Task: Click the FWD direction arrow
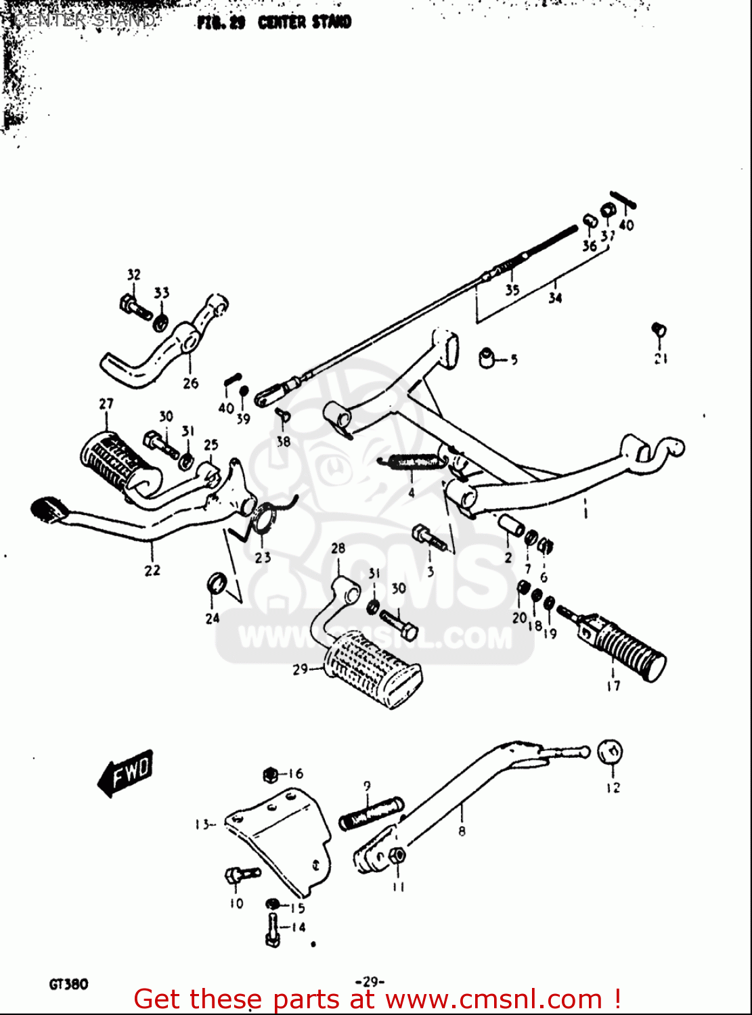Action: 127,772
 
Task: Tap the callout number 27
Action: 106,404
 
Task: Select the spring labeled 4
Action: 412,461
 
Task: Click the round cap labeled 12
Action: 610,752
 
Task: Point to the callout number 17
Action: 613,686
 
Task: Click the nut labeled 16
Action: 270,774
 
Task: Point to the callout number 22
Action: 152,570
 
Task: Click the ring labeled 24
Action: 216,583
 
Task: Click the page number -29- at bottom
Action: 370,981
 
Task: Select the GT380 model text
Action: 68,984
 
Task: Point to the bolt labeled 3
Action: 429,539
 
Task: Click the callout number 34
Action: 555,298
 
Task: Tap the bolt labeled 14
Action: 273,930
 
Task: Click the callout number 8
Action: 462,831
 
